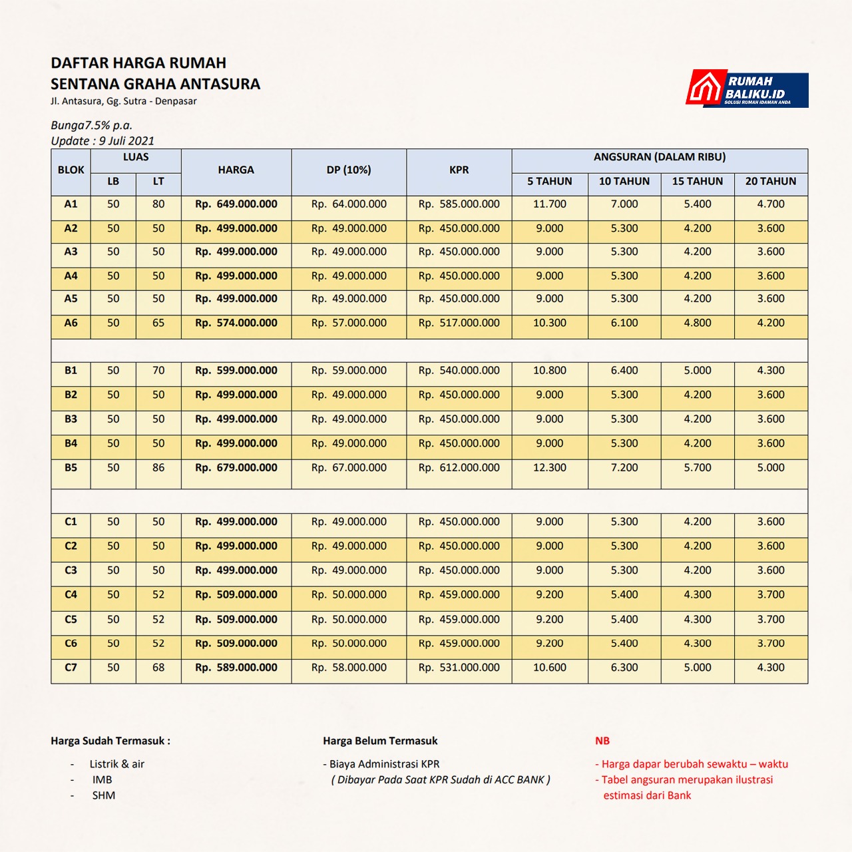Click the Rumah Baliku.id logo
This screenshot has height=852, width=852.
(x=747, y=89)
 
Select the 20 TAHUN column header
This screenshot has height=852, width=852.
(x=770, y=181)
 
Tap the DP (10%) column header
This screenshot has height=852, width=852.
(x=349, y=170)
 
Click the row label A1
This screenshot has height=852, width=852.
(x=71, y=204)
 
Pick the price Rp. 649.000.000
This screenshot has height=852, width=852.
(x=236, y=204)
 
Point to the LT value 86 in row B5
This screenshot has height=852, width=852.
(x=158, y=468)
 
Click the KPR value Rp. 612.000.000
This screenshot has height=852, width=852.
(x=459, y=468)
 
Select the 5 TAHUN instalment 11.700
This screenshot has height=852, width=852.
(x=549, y=204)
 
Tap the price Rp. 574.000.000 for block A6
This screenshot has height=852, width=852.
(x=236, y=323)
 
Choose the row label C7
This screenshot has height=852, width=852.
(x=71, y=668)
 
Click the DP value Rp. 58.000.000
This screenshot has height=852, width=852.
(x=349, y=668)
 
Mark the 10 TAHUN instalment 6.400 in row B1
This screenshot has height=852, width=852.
(x=624, y=371)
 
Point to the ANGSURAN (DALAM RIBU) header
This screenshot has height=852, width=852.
(x=659, y=157)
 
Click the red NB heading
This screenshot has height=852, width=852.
(x=602, y=741)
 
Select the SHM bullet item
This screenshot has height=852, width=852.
(x=104, y=795)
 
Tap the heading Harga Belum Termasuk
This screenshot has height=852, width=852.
(x=380, y=741)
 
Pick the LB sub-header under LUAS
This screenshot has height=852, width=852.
(x=113, y=181)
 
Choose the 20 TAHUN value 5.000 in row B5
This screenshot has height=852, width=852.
(x=770, y=468)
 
